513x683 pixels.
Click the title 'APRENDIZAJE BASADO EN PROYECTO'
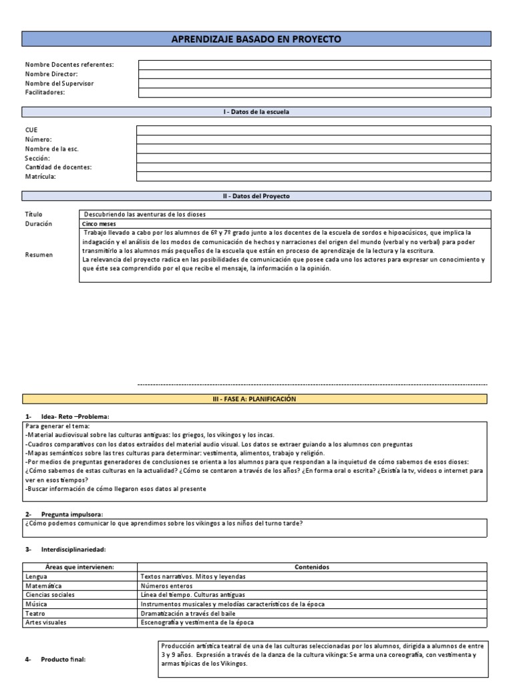tap(256, 39)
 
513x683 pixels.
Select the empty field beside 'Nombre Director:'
tap(314, 74)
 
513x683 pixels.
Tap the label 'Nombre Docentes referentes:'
tap(69, 65)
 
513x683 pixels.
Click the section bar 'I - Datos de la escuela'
tap(256, 112)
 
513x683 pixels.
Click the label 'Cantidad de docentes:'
tap(59, 167)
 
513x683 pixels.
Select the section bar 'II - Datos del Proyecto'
tap(256, 196)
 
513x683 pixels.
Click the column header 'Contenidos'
tap(312, 566)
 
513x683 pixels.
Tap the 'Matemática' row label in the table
tap(43, 585)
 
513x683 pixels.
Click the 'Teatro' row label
tap(36, 613)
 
